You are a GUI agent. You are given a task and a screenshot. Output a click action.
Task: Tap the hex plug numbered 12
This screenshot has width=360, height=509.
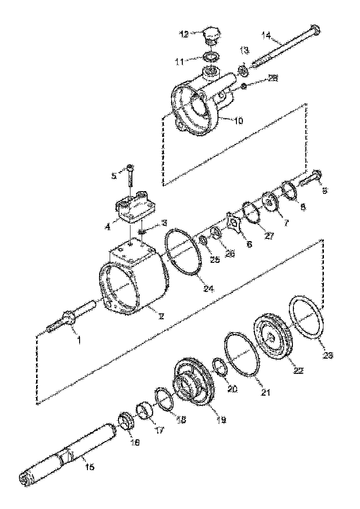coord(213,36)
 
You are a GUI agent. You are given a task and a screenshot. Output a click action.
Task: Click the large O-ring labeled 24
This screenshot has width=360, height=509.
coord(183,254)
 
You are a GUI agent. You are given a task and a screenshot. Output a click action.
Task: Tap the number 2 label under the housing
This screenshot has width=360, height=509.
coord(161,317)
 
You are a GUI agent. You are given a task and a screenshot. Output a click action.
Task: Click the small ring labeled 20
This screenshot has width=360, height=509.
coord(220,367)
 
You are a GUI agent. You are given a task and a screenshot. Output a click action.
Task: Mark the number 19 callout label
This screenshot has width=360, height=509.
coord(221,420)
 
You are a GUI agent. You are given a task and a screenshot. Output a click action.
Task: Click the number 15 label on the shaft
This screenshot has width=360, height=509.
coord(90,467)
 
